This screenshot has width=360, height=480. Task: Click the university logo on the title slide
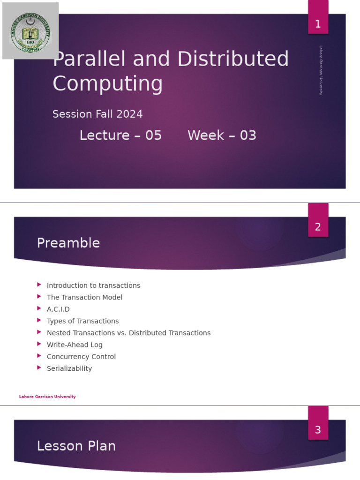click(x=30, y=31)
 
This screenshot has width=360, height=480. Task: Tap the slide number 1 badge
click(x=318, y=24)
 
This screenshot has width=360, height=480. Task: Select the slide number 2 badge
click(x=318, y=227)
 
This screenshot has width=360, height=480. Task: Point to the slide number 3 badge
click(x=318, y=430)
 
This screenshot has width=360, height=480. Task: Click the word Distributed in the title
click(x=233, y=60)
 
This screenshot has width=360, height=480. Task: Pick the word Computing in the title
click(x=108, y=84)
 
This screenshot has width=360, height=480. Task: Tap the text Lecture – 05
click(x=120, y=135)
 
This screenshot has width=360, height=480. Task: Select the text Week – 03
click(x=222, y=135)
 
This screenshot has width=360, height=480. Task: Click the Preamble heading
click(x=68, y=243)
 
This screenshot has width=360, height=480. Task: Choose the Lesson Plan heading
click(x=76, y=446)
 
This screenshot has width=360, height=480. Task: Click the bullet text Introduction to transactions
click(x=93, y=285)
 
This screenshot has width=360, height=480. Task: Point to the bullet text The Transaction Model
click(x=84, y=297)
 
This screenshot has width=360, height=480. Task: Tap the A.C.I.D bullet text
click(x=58, y=309)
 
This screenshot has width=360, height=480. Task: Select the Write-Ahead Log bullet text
click(x=75, y=345)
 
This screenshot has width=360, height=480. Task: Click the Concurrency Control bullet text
click(x=81, y=357)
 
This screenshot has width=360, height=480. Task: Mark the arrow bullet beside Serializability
click(x=39, y=368)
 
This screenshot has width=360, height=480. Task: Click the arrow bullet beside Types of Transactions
click(x=39, y=321)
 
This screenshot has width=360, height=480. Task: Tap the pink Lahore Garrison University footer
click(x=47, y=397)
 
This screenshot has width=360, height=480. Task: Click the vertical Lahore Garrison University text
click(x=321, y=70)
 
